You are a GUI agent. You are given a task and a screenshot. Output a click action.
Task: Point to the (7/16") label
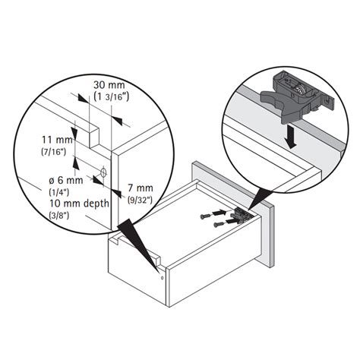tap(55, 153)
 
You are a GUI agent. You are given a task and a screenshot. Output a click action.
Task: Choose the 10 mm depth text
tap(76, 204)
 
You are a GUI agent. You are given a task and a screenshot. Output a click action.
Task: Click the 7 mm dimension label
tap(140, 187)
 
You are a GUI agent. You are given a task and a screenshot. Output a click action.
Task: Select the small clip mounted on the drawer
tap(242, 215)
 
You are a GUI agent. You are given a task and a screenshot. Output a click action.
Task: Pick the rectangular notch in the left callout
tap(92, 135)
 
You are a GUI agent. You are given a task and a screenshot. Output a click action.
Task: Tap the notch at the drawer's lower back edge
tap(156, 263)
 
